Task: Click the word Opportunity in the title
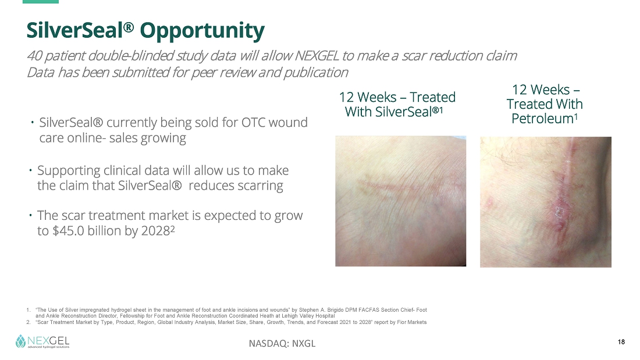202,31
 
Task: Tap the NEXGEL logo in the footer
42,341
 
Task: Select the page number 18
621,342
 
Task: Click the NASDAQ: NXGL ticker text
282,344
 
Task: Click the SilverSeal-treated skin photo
400,201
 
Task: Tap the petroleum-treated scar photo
546,202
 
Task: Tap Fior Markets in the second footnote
412,322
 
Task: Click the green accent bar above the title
40,2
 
